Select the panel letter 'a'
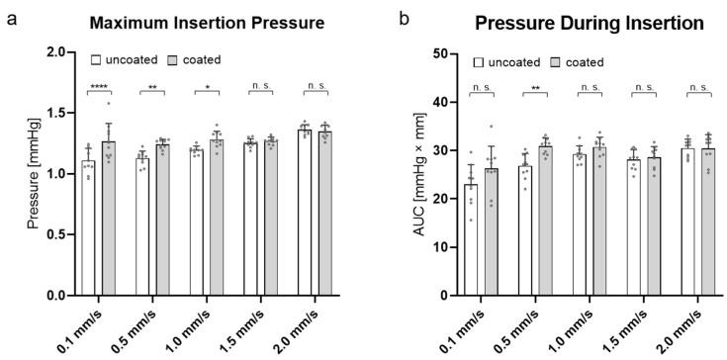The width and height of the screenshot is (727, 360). tap(8, 17)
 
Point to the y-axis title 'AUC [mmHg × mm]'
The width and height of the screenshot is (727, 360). tap(401, 174)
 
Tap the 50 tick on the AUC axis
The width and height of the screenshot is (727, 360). tap(432, 53)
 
